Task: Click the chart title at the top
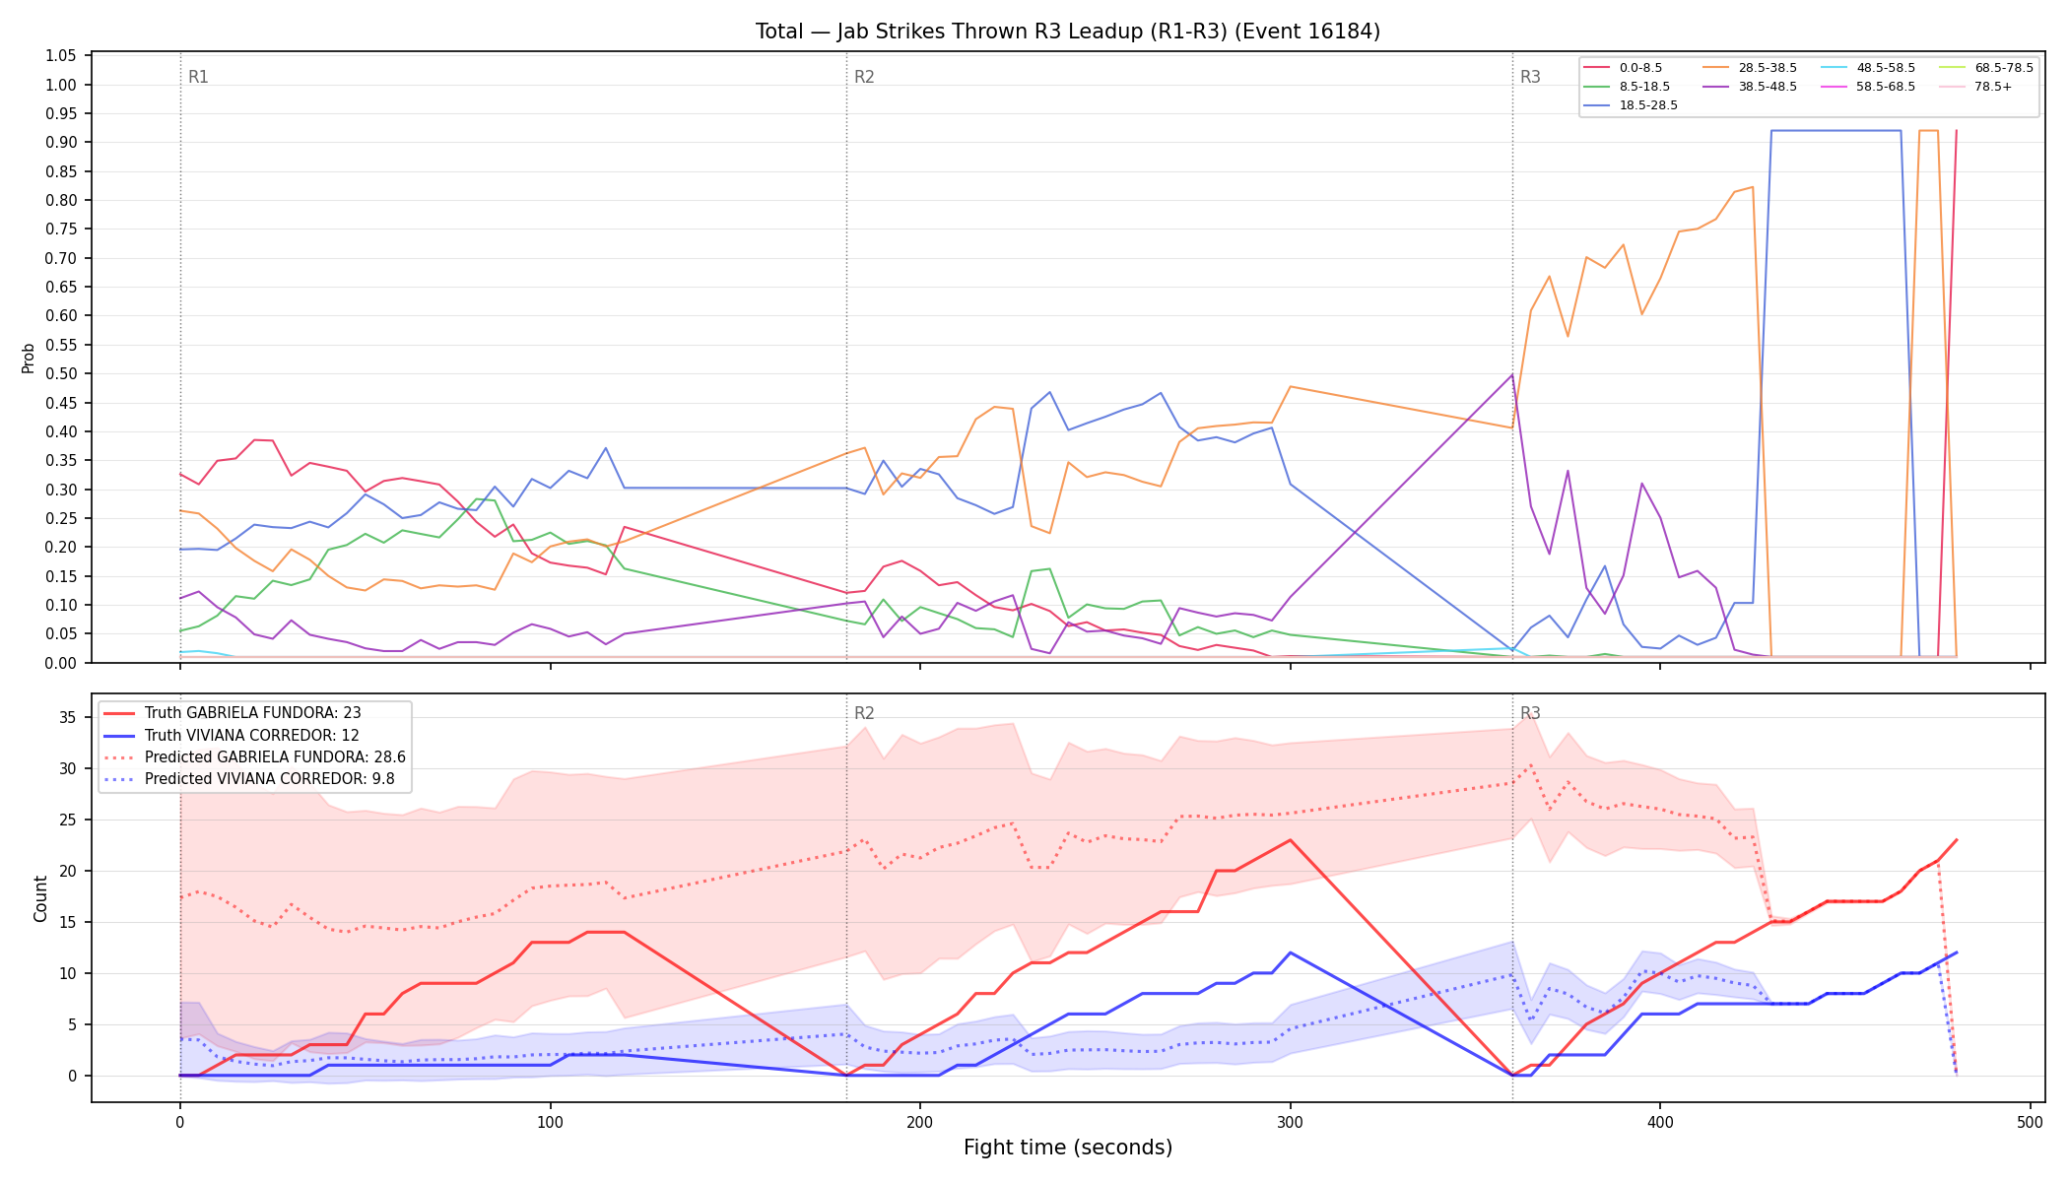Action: pyautogui.click(x=1068, y=32)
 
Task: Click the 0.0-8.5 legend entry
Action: pyautogui.click(x=1623, y=68)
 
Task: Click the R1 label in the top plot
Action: pyautogui.click(x=198, y=77)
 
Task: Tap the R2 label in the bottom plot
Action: pyautogui.click(x=864, y=713)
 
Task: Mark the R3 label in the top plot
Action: pyautogui.click(x=1530, y=77)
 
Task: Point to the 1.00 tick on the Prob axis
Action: pyautogui.click(x=61, y=85)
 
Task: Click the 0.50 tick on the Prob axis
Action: pyautogui.click(x=61, y=374)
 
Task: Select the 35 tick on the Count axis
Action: pyautogui.click(x=68, y=718)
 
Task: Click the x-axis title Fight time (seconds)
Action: pyautogui.click(x=1068, y=1148)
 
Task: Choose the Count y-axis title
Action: pyautogui.click(x=40, y=898)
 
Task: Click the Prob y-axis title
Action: pyautogui.click(x=28, y=358)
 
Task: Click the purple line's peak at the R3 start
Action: pyautogui.click(x=1512, y=374)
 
